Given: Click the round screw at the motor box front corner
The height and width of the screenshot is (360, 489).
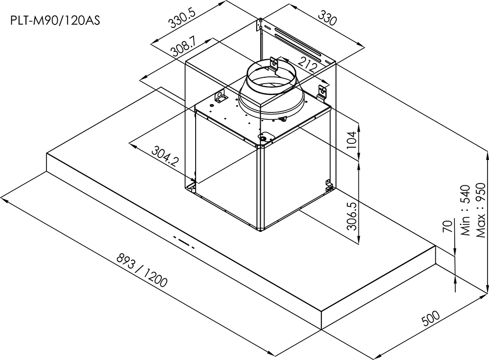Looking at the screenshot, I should [264, 138].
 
